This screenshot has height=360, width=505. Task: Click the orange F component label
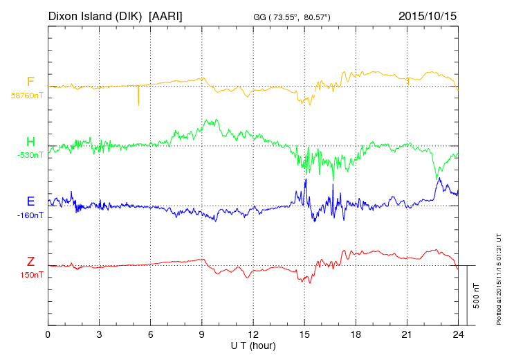click(x=30, y=82)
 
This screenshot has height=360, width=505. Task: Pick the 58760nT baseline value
click(x=26, y=96)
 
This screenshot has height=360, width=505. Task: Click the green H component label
click(x=30, y=142)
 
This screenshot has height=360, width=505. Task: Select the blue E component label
click(x=30, y=202)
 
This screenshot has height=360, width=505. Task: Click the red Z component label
click(x=30, y=262)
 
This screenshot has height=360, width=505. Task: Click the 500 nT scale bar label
click(x=476, y=295)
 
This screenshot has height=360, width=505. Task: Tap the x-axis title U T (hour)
click(x=253, y=345)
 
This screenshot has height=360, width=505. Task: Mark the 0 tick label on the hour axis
click(x=48, y=334)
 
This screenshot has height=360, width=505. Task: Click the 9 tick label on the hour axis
click(x=202, y=334)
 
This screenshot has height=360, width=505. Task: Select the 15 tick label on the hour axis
click(x=304, y=334)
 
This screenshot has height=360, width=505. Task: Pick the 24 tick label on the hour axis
click(x=458, y=334)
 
